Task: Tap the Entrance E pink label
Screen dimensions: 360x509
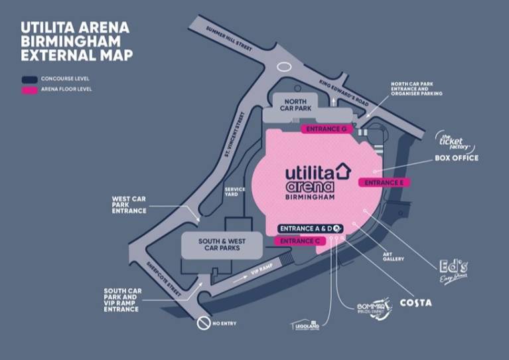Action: coord(384,182)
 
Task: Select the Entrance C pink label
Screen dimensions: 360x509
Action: coord(299,241)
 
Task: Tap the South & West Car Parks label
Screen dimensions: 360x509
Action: coord(220,244)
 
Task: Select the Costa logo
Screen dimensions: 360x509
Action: coord(415,303)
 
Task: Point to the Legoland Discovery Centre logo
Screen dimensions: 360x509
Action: coord(305,325)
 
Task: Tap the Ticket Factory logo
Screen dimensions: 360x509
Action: coord(453,141)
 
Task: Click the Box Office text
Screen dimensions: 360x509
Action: coord(456,158)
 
